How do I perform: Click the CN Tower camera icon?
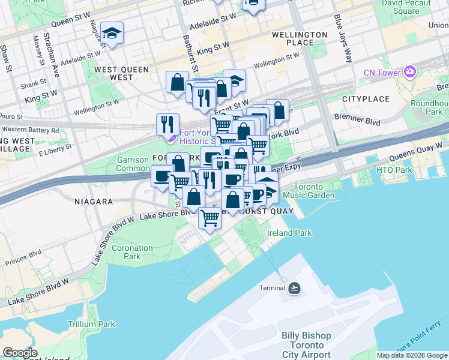click(410, 72)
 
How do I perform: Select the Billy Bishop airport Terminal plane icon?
click(294, 288)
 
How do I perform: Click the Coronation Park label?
click(132, 252)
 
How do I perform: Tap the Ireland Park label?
click(289, 233)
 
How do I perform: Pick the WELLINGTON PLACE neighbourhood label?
click(301, 38)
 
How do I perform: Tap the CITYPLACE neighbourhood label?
click(366, 98)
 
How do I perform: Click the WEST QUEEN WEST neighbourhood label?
click(121, 73)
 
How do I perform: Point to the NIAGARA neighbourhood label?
click(93, 202)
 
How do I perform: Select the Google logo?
click(20, 352)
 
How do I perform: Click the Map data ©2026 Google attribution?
click(412, 355)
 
